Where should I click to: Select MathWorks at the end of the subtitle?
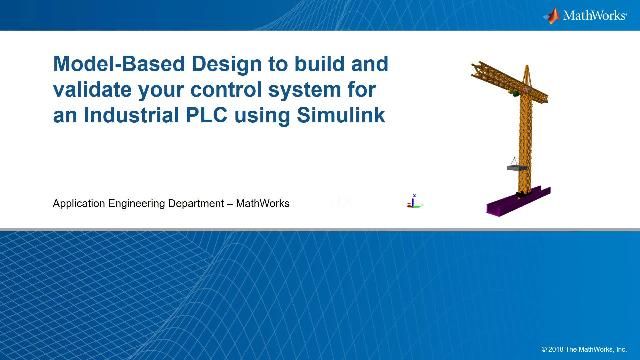pos(263,203)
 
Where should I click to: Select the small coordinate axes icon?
pos(411,200)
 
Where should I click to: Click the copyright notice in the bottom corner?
pos(583,349)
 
